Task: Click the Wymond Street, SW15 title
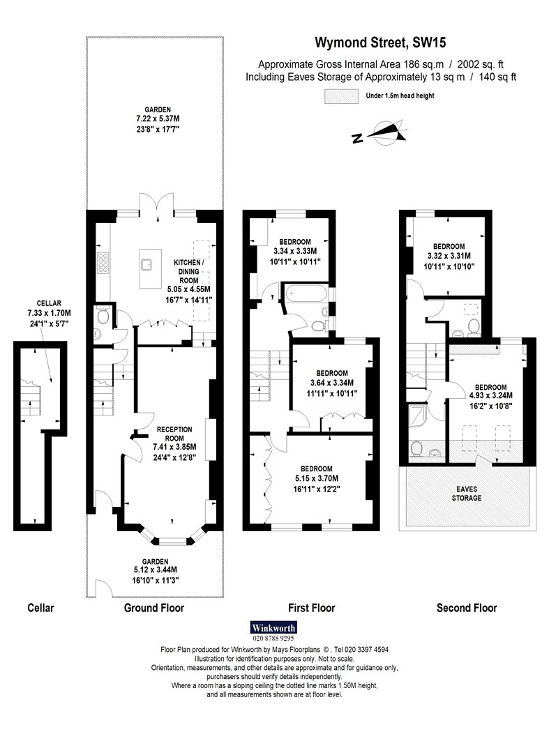(380, 43)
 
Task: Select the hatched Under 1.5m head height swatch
(341, 96)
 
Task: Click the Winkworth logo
(273, 627)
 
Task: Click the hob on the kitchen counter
(103, 262)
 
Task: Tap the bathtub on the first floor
(306, 295)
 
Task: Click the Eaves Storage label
(466, 494)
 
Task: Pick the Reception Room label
(174, 434)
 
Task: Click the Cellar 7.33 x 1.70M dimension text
(49, 313)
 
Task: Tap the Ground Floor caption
(154, 608)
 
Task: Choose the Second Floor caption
(467, 608)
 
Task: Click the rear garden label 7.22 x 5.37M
(158, 119)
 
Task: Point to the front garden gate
(104, 588)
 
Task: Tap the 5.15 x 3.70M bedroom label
(316, 478)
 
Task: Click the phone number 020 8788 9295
(273, 638)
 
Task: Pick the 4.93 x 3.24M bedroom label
(491, 397)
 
